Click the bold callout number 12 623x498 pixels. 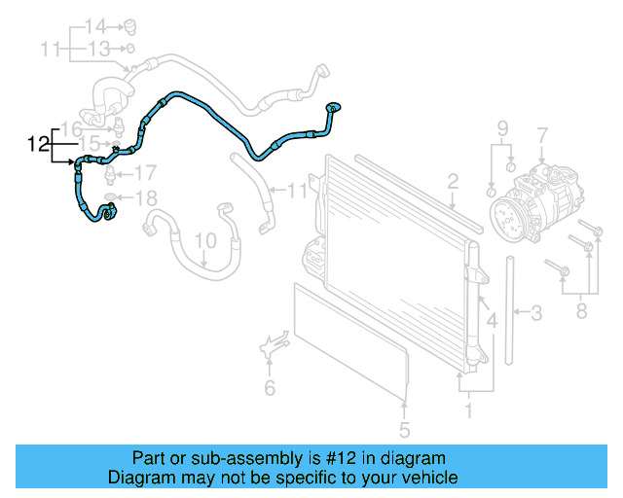[x=38, y=145]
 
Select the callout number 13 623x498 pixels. [x=99, y=47]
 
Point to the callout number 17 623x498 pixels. [x=144, y=174]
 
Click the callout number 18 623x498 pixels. [x=144, y=199]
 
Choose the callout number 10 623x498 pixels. [x=204, y=238]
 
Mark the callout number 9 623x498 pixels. [x=503, y=128]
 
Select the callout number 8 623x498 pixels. [x=581, y=312]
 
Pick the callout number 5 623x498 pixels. [x=404, y=429]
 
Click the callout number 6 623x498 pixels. [x=271, y=389]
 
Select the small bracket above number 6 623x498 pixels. [x=273, y=345]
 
